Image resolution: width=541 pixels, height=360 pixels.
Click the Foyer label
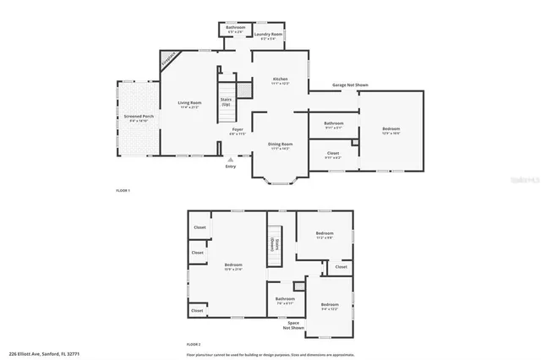point(238,131)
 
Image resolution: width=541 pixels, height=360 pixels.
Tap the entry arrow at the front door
point(230,158)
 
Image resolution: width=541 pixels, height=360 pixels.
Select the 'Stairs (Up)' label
point(226,101)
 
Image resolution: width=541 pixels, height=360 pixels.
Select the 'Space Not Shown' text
point(293,325)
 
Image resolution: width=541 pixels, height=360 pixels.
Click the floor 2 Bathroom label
point(285,299)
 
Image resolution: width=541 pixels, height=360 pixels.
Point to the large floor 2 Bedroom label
point(233,267)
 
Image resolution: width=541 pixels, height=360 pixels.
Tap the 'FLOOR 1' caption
point(123,190)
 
